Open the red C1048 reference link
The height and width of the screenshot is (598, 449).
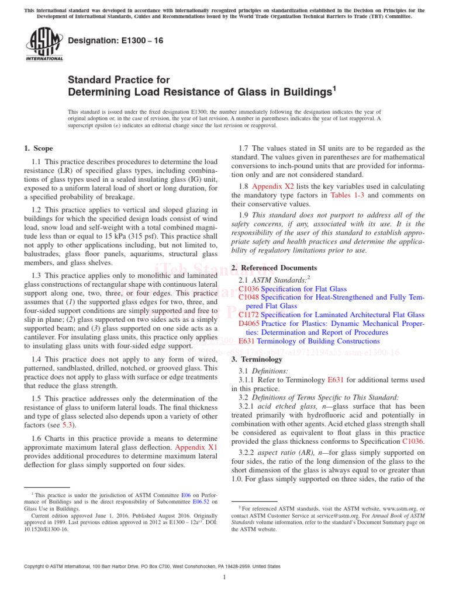pyautogui.click(x=249, y=297)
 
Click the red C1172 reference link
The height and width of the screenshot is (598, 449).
pyautogui.click(x=249, y=315)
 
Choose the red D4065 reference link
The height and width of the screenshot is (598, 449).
pyautogui.click(x=249, y=324)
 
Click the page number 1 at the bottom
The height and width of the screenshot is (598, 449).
pyautogui.click(x=224, y=578)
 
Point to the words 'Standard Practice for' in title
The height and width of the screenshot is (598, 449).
pyautogui.click(x=119, y=80)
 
